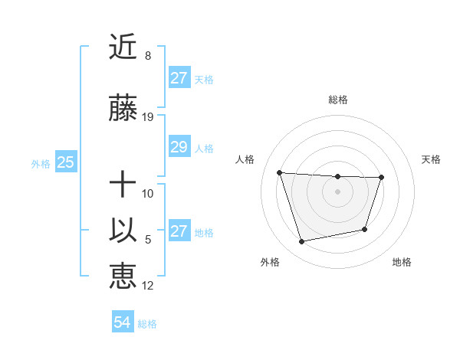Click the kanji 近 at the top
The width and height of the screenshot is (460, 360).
(123, 47)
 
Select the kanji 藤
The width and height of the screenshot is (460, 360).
(123, 110)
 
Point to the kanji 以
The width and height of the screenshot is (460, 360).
(123, 230)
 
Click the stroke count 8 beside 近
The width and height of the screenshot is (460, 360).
(148, 56)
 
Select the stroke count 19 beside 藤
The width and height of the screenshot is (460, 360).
(149, 117)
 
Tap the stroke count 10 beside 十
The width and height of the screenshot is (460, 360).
(149, 193)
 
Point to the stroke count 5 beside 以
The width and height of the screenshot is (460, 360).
(148, 240)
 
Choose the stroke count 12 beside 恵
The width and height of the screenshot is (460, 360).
(149, 286)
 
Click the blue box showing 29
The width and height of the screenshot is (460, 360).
(179, 147)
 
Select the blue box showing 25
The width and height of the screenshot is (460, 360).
(65, 162)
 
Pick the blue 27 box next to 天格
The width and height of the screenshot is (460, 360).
(179, 78)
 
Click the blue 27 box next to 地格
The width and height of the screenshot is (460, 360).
(179, 231)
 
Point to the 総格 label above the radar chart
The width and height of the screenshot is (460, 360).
(337, 100)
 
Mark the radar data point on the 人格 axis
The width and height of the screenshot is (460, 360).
(280, 172)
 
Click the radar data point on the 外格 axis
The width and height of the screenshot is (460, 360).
(302, 241)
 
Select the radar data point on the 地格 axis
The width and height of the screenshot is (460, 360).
(365, 229)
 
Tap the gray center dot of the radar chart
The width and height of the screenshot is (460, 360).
(337, 191)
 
